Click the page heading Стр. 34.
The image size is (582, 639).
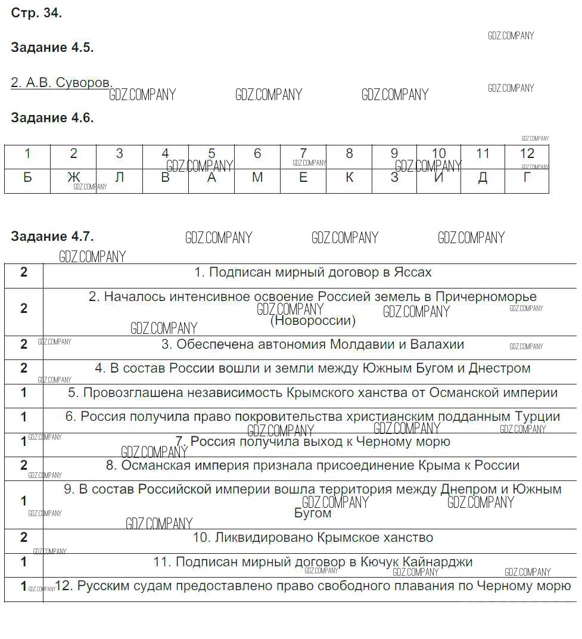click(36, 13)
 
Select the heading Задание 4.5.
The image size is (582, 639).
click(52, 48)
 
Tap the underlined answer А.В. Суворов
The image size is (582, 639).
click(61, 83)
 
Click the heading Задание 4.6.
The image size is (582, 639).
click(52, 118)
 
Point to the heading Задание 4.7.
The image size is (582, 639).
click(52, 237)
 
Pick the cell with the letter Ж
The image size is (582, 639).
click(73, 177)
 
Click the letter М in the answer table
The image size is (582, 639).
click(257, 177)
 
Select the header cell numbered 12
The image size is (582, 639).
click(527, 154)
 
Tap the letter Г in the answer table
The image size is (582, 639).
click(527, 177)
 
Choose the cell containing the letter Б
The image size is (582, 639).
click(27, 177)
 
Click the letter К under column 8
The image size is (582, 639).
click(350, 177)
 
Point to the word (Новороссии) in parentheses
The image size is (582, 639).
click(313, 321)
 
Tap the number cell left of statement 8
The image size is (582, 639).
click(24, 465)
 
